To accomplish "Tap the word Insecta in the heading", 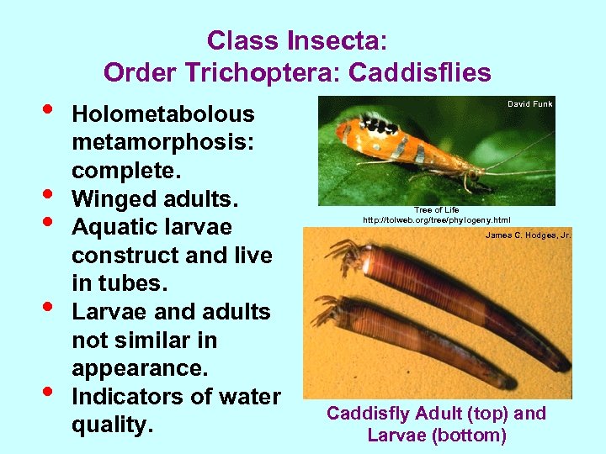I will pos(337,40).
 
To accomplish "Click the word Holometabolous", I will pos(162,114).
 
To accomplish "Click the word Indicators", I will pos(132,397).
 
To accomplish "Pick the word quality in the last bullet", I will pos(109,425).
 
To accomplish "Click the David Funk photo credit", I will pos(529,104).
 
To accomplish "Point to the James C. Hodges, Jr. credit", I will pos(528,235).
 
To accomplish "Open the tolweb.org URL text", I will pos(436,219).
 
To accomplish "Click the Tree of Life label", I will pos(436,210).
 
